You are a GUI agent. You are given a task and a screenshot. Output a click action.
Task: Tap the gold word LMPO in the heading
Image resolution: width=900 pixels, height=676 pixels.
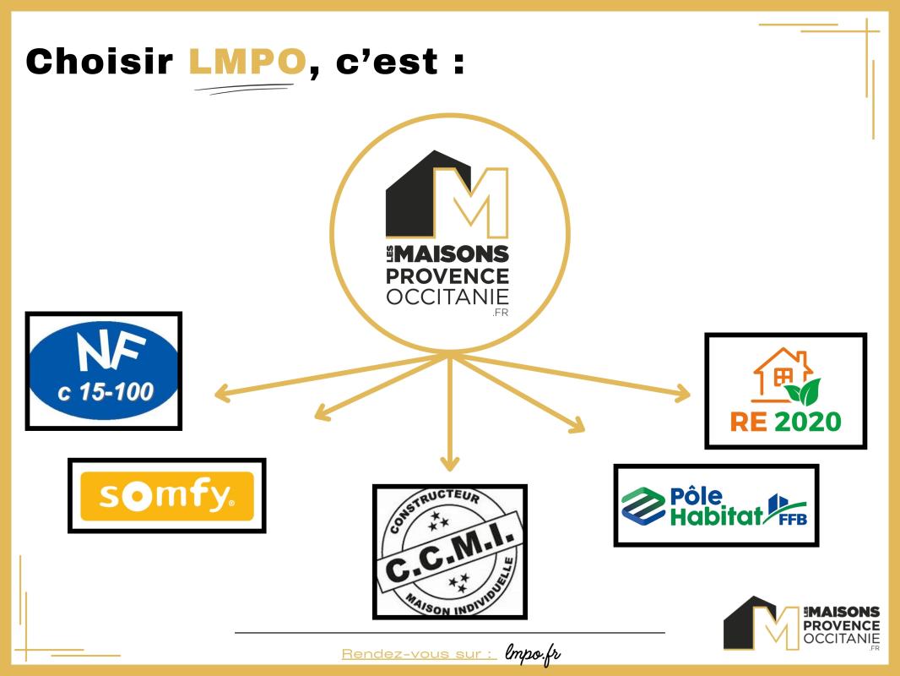click(247, 62)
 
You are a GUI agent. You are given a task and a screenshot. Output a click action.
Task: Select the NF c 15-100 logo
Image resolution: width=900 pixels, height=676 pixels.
click(103, 371)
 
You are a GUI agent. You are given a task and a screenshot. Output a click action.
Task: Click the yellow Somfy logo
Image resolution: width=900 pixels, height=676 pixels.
click(166, 495)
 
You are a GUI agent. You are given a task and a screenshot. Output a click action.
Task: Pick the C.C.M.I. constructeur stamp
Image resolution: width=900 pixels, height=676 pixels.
click(449, 551)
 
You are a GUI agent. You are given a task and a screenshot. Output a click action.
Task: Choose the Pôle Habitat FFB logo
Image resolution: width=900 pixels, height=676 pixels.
click(715, 504)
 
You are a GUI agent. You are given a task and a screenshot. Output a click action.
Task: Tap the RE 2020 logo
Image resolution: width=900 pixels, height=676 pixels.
click(785, 390)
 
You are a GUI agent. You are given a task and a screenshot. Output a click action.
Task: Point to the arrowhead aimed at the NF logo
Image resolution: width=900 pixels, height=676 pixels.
click(221, 393)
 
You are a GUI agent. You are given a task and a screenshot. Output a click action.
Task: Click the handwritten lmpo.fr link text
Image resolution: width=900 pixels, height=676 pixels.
click(533, 653)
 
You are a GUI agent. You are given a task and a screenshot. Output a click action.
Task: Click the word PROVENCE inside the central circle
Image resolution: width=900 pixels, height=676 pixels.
click(447, 276)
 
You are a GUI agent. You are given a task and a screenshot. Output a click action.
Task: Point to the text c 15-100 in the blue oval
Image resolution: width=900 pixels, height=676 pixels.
click(103, 391)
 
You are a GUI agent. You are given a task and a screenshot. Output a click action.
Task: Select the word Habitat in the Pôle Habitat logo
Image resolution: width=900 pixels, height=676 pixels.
click(716, 516)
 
